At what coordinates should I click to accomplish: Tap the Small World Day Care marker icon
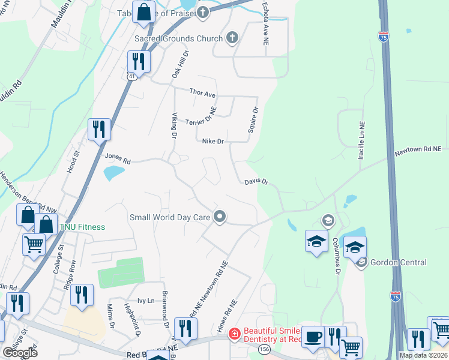[220, 217]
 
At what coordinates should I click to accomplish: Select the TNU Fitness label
[82, 227]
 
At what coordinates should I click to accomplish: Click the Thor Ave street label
[202, 93]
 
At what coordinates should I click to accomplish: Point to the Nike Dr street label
[212, 142]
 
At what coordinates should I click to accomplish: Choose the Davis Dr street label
[256, 181]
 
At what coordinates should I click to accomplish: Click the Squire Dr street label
[253, 121]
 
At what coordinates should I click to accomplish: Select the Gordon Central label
[399, 262]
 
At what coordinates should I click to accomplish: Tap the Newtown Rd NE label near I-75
[417, 152]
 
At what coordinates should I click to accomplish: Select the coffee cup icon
[312, 337]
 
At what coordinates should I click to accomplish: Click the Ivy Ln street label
[146, 301]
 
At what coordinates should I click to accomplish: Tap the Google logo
[20, 352]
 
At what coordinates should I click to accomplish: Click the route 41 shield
[131, 76]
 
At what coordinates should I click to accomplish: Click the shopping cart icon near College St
[34, 244]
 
